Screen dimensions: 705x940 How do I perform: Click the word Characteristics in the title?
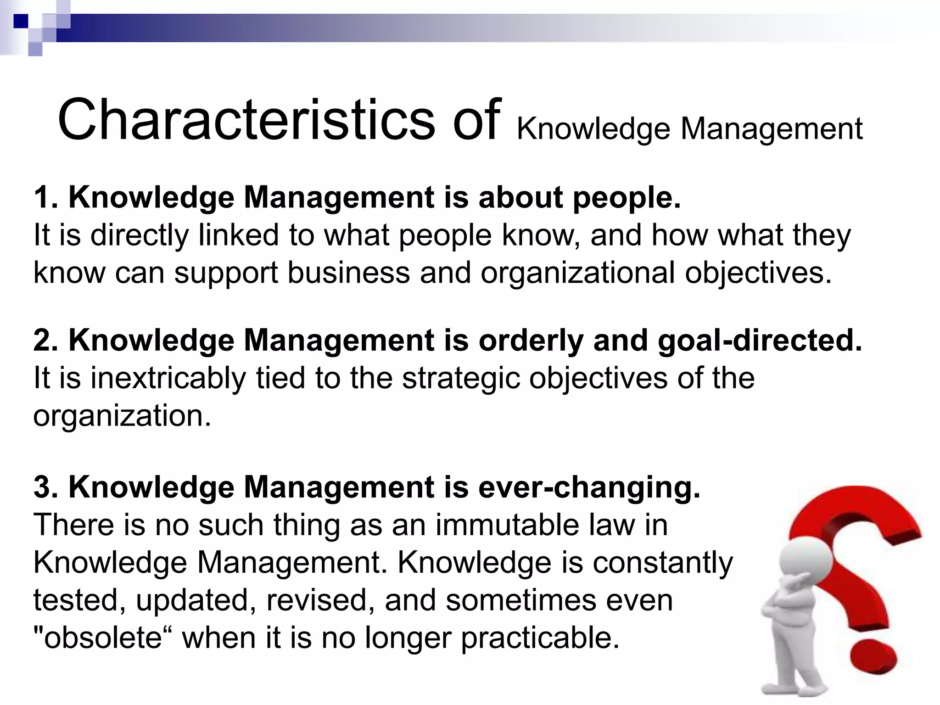coord(246,120)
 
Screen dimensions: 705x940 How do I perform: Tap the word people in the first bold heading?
coord(626,198)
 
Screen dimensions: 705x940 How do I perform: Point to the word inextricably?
coord(168,379)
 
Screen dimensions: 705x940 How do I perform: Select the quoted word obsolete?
coord(103,638)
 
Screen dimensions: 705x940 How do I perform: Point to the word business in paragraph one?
coord(349,273)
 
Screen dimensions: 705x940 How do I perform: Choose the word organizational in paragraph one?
coord(578,273)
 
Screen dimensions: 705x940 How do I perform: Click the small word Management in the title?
coord(772,129)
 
